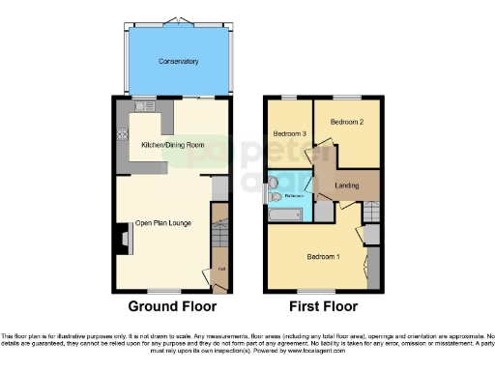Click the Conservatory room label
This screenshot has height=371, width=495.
179,61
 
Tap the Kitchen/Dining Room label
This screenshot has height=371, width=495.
173,144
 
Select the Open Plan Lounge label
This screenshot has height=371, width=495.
163,224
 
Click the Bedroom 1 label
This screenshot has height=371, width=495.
324,257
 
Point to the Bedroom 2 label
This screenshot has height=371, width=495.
345,123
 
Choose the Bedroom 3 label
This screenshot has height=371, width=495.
289,133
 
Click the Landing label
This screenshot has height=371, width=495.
348,185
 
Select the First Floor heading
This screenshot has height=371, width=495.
324,306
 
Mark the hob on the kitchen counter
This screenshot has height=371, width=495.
122,137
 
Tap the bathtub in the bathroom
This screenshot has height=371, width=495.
288,214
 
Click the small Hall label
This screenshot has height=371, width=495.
221,268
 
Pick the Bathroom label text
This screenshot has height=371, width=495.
295,196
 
